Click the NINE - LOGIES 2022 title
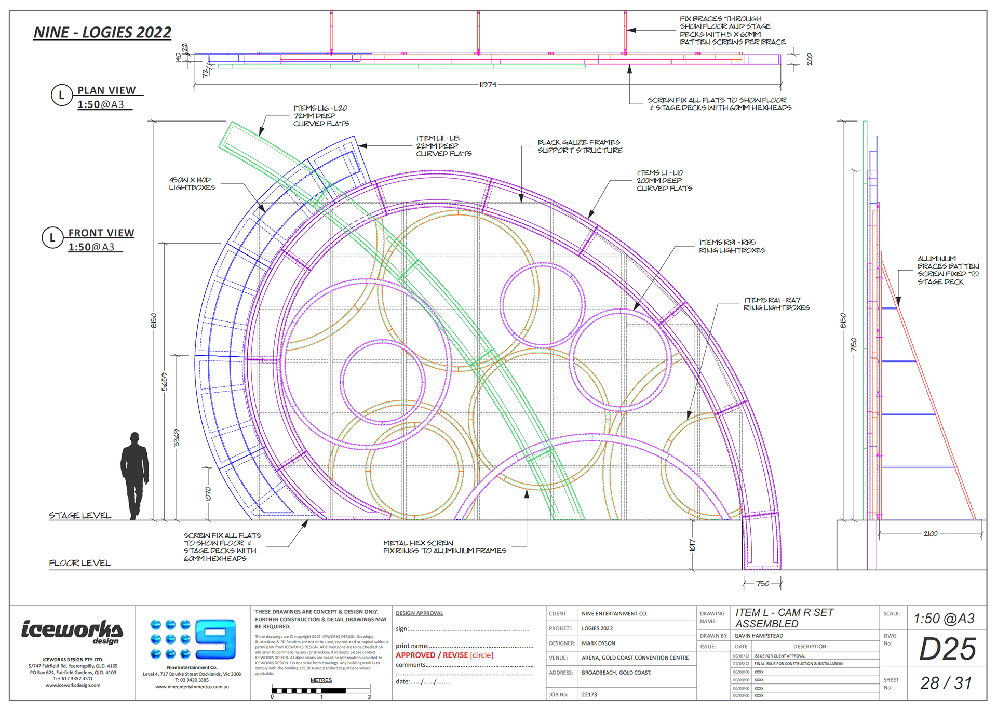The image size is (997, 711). (102, 32)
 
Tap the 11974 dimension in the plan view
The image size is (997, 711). (487, 85)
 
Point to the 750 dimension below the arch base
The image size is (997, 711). (762, 584)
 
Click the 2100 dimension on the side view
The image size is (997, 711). (930, 533)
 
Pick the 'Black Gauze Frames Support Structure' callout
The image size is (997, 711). (580, 146)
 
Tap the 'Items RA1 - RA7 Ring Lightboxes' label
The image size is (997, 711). (776, 304)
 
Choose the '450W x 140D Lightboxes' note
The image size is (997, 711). (192, 183)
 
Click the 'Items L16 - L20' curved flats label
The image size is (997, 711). (320, 116)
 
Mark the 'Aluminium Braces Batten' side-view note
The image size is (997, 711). (948, 270)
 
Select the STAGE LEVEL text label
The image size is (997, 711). (80, 515)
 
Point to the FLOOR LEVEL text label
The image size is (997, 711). (79, 563)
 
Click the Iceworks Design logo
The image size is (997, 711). (72, 632)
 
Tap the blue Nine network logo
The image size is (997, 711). (193, 639)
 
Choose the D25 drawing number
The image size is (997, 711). (947, 649)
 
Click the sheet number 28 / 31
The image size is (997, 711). (946, 683)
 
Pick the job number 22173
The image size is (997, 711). (589, 694)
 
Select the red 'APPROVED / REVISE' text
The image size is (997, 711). (432, 655)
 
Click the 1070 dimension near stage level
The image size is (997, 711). (208, 493)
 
